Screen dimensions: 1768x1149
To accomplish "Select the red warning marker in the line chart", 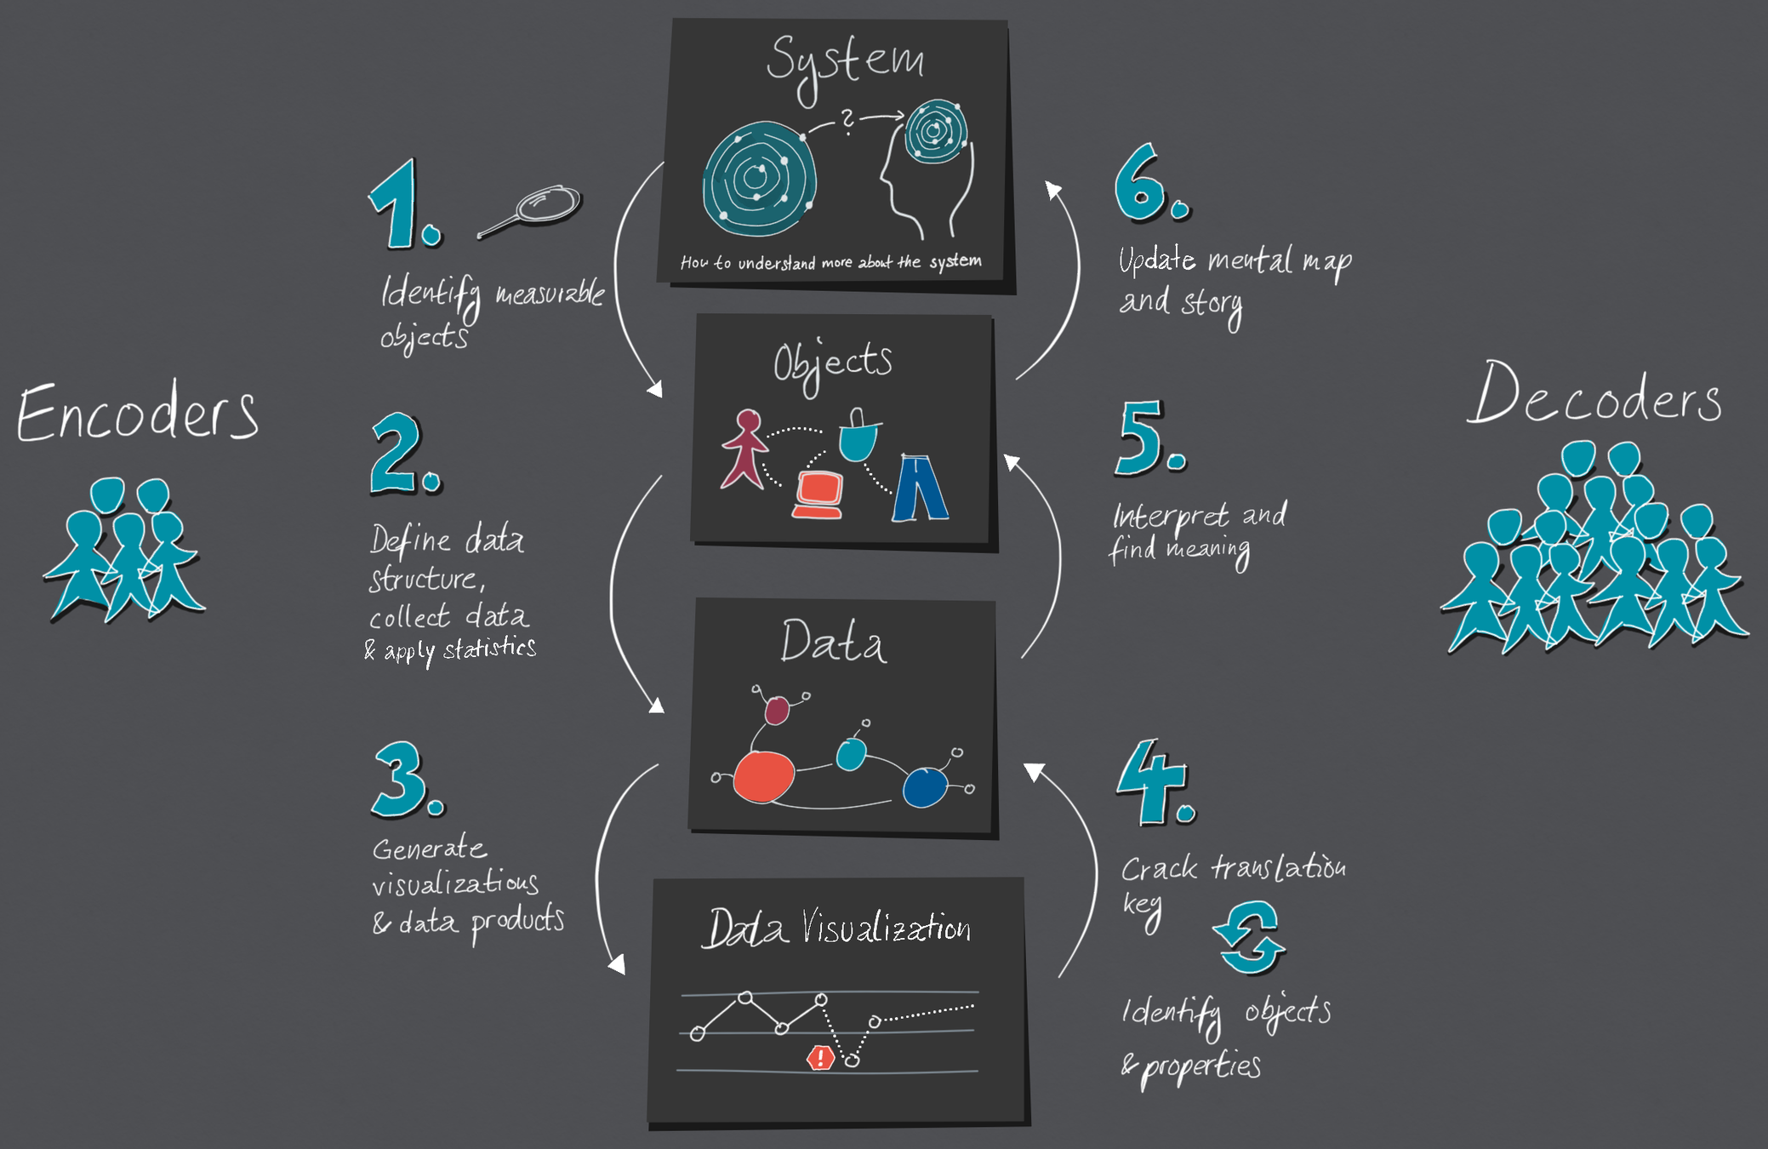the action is coord(819,1057).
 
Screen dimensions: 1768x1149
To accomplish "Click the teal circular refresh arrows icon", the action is coord(1249,938).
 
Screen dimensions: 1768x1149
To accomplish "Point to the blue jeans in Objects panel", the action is coord(919,488).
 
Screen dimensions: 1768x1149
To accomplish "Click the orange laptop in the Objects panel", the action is coord(818,494).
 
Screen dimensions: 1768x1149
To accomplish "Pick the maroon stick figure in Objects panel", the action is coord(745,449).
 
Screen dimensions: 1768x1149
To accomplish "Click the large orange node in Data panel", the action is coord(763,776).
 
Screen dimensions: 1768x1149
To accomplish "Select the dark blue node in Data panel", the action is coord(924,786).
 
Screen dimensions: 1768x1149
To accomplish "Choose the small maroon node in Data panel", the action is coord(777,710).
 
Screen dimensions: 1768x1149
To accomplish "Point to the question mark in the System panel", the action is coord(847,122).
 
